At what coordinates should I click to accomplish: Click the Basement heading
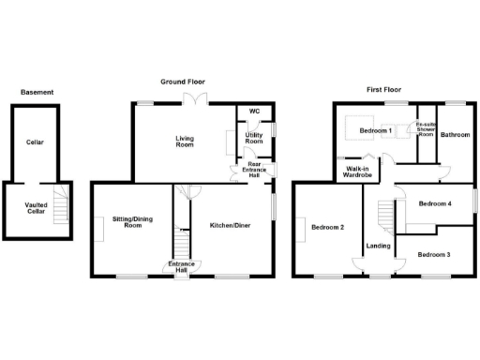pos(37,92)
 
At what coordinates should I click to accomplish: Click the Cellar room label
pos(36,142)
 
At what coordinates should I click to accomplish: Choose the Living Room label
pos(185,142)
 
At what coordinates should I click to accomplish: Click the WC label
pos(253,112)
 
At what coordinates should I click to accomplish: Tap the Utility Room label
pos(253,138)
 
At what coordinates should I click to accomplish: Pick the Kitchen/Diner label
pos(229,225)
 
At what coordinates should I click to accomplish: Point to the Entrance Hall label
pos(182,267)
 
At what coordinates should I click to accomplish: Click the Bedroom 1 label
pos(376,131)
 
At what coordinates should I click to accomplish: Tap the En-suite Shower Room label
pos(427,129)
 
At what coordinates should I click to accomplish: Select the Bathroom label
pos(456,134)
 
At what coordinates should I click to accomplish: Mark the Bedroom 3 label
pos(434,255)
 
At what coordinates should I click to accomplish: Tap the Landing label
pos(379,247)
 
